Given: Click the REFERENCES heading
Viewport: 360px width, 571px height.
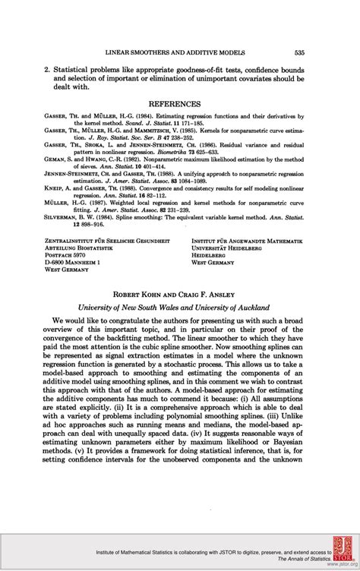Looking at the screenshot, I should pyautogui.click(x=178, y=103).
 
